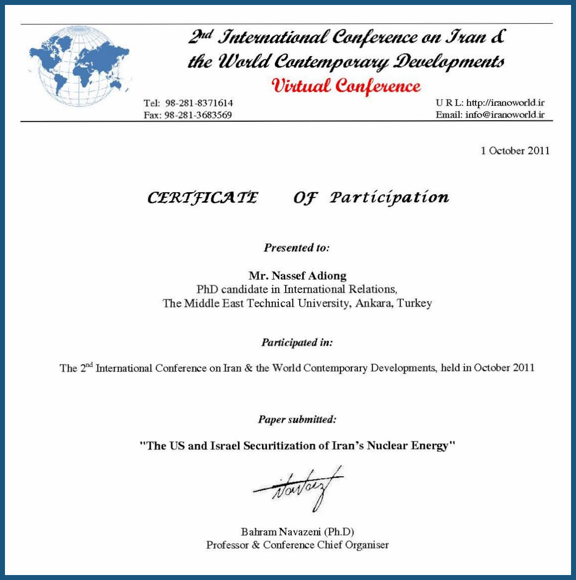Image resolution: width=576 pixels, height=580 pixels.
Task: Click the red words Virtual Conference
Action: [346, 86]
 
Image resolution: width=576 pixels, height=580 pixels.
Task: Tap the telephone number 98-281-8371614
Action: [199, 103]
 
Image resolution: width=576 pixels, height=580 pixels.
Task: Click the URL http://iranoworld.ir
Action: [505, 103]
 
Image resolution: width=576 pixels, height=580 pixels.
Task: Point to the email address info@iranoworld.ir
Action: [504, 115]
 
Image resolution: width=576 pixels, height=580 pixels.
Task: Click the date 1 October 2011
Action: [515, 151]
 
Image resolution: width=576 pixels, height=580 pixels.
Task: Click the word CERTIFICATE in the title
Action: [203, 198]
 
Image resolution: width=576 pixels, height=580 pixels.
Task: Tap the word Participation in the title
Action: [389, 198]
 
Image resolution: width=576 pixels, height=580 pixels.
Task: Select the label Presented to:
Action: [297, 248]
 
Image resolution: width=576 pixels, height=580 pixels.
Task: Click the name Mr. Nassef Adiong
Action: [297, 276]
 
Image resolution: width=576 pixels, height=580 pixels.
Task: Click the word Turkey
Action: [414, 303]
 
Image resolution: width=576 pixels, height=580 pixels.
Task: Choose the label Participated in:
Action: [297, 343]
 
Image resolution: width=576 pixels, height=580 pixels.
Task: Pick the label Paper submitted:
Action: [297, 420]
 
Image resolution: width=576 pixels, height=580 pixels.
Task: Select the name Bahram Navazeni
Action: [281, 532]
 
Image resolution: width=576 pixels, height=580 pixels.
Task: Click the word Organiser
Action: [367, 545]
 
